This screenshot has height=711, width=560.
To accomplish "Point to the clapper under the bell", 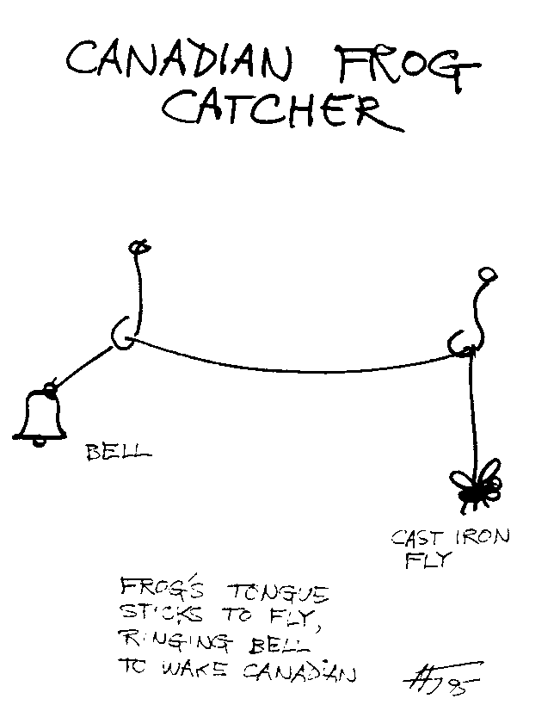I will tap(39, 442).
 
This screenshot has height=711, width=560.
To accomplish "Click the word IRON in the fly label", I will tap(484, 537).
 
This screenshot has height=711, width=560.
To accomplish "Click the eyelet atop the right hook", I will tap(486, 275).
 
